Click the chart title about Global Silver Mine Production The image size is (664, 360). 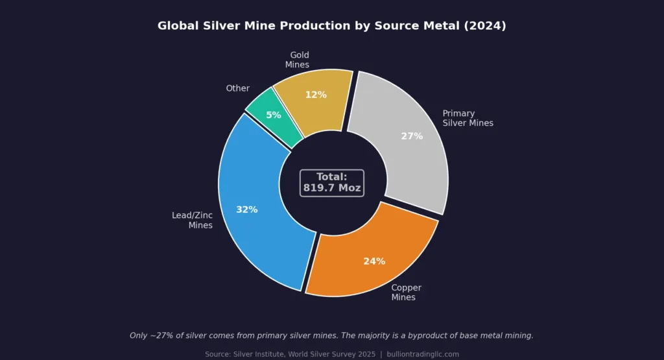(x=331, y=26)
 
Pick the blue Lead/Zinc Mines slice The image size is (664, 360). (x=259, y=221)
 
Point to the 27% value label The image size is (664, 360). (x=412, y=136)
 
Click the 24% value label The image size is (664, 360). (x=374, y=261)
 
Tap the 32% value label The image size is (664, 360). (x=247, y=210)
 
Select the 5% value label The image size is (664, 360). (x=274, y=115)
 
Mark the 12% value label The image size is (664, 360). (x=316, y=95)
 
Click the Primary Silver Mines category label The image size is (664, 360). (x=468, y=118)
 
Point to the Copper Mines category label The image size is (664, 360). (x=406, y=293)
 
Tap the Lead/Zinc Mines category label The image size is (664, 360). (x=193, y=220)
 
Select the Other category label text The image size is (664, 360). (x=237, y=88)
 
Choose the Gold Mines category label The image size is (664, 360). (x=298, y=60)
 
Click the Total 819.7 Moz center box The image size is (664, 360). (x=332, y=182)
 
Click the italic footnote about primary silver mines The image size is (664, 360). (x=331, y=335)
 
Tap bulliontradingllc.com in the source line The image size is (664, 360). (x=423, y=354)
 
